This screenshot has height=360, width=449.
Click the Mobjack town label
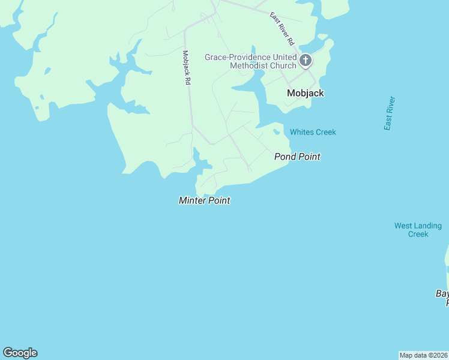[x=305, y=93]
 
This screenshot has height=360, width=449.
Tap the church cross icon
[x=306, y=59]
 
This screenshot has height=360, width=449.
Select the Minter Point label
[x=204, y=200]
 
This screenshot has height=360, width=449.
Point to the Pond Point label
[x=297, y=157]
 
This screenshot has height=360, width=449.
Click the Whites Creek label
[x=313, y=132]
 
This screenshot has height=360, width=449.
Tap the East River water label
[x=390, y=113]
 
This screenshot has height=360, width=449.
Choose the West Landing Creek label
[x=418, y=230]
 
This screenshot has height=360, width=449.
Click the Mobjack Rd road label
[x=187, y=67]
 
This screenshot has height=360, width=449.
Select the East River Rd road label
[x=282, y=29]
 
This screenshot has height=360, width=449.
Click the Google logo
[x=20, y=353]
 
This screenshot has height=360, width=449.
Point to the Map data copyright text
[x=424, y=355]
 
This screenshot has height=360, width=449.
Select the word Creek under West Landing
[x=418, y=234]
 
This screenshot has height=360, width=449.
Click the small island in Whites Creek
[x=277, y=131]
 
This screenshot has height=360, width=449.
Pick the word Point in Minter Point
[x=218, y=200]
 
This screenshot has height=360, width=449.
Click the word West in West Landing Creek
[x=403, y=226]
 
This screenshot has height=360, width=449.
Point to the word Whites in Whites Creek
[x=301, y=132]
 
